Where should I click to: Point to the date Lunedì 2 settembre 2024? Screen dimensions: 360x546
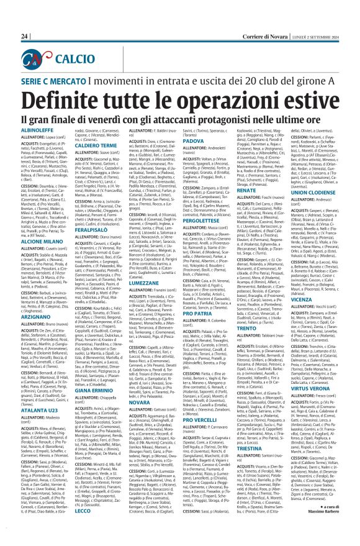tap(317, 37)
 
